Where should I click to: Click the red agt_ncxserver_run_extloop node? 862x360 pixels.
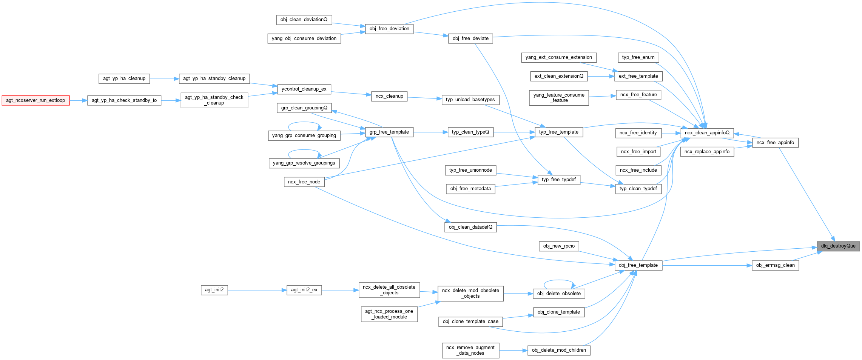point(35,100)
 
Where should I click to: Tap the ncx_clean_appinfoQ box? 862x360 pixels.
point(707,133)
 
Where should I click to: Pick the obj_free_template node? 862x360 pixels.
point(638,265)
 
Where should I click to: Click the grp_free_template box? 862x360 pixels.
point(389,132)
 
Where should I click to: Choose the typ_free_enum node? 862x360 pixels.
point(638,57)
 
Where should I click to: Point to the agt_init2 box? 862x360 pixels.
point(214,290)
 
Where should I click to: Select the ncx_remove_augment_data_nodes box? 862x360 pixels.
point(470,350)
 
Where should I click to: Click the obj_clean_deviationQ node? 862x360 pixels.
point(304,20)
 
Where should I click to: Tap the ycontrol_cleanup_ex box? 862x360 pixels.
point(304,89)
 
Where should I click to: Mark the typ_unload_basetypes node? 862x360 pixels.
point(470,100)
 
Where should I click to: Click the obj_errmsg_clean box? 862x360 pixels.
point(775,265)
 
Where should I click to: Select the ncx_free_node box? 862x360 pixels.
point(304,182)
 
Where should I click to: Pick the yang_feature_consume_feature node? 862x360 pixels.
point(559,98)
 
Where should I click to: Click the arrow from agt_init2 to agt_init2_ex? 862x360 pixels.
point(257,290)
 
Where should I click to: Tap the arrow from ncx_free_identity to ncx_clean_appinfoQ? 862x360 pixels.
point(671,133)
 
